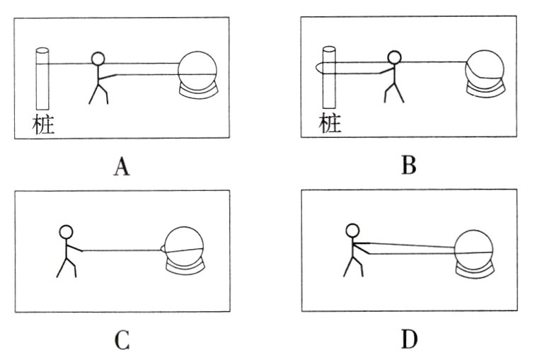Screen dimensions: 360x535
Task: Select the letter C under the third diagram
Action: (122, 341)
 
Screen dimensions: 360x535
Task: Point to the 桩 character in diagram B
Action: (330, 124)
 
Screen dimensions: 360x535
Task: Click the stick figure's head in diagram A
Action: (98, 59)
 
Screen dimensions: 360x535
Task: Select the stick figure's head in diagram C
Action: (66, 231)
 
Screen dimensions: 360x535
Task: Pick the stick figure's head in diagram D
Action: (353, 230)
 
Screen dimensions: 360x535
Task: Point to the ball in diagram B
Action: (484, 66)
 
